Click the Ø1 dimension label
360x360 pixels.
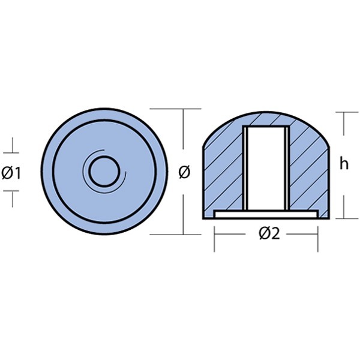[11, 173]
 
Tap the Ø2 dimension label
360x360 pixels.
[269, 234]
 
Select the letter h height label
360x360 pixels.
[344, 164]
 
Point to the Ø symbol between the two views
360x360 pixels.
[184, 172]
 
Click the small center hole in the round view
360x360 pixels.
[104, 172]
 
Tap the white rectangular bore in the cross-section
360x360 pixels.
[266, 168]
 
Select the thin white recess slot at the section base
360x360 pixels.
[266, 214]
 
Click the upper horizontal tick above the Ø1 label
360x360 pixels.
[11, 152]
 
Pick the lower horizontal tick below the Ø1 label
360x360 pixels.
[11, 191]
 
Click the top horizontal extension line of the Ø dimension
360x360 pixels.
[175, 109]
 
